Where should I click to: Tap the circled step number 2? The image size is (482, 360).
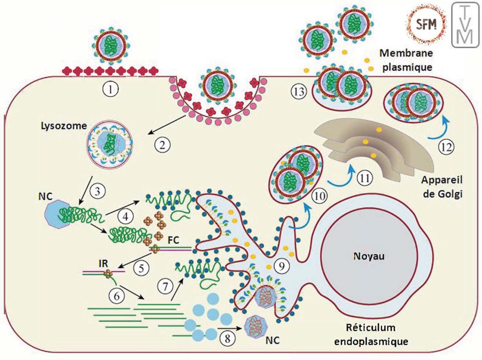162,144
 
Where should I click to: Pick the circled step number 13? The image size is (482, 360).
298,92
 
